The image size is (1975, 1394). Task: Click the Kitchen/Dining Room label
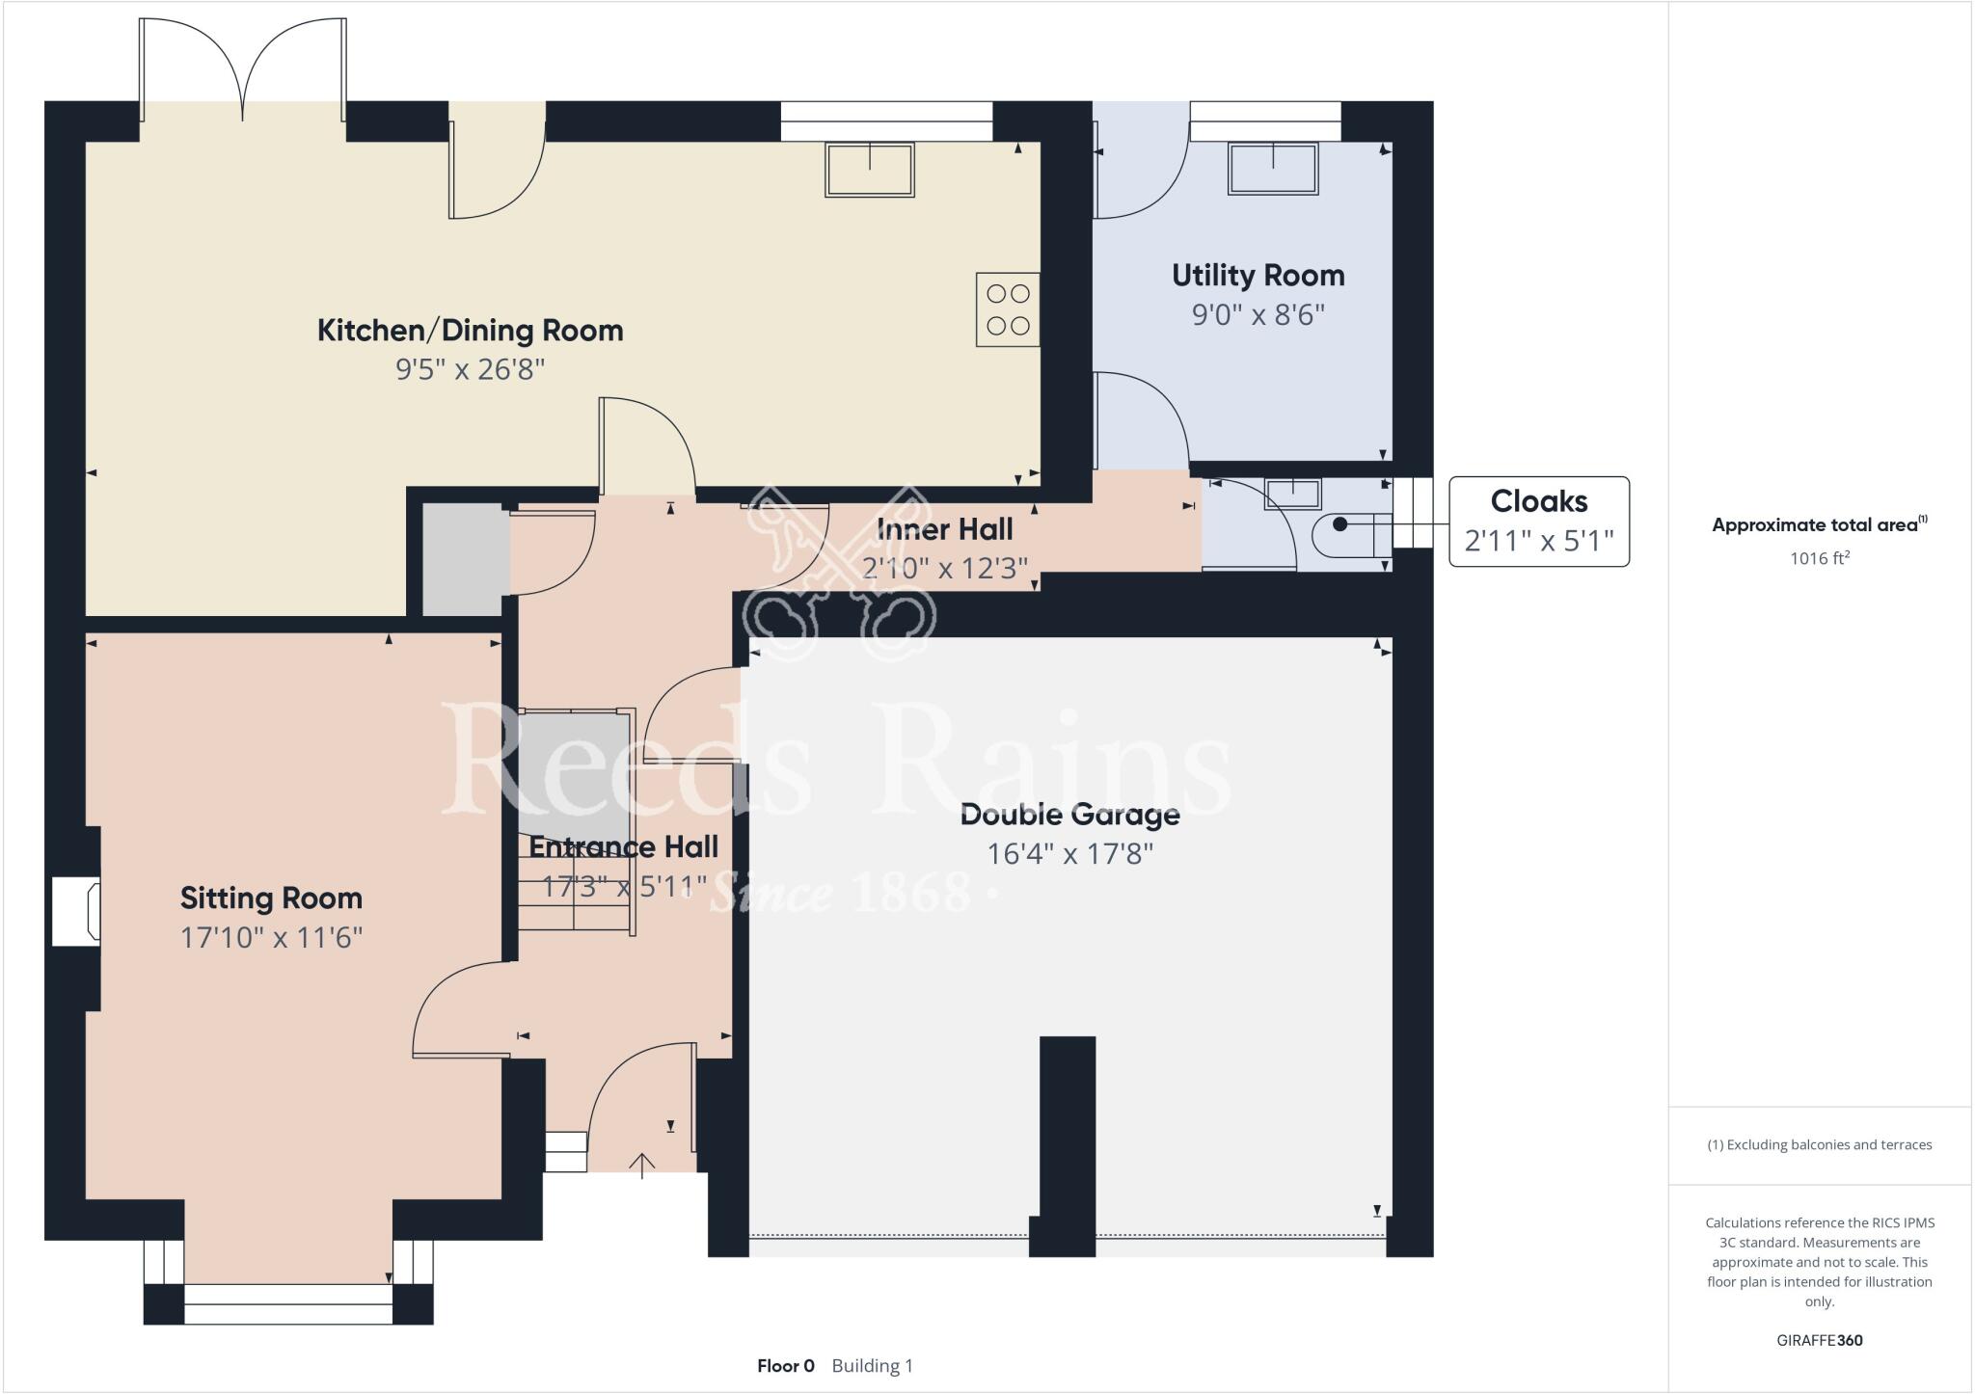470,331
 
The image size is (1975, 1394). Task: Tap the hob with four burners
1008,309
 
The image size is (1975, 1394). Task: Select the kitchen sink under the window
869,170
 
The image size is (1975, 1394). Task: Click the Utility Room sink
1273,169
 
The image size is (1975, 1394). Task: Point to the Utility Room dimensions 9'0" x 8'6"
1258,315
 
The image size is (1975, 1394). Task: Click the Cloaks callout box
1538,521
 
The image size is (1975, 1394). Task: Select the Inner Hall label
944,529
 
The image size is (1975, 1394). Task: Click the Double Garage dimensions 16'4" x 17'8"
1069,854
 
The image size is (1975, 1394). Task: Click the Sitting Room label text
271,898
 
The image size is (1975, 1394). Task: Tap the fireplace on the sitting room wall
75,910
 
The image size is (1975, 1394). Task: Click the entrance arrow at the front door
641,1166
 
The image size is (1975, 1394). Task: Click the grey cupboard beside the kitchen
465,559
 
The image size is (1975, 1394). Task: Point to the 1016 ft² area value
1819,558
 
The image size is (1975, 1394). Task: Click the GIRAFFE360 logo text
1819,1340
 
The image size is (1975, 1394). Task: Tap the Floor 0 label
785,1366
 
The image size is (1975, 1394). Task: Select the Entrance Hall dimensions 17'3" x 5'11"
624,886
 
